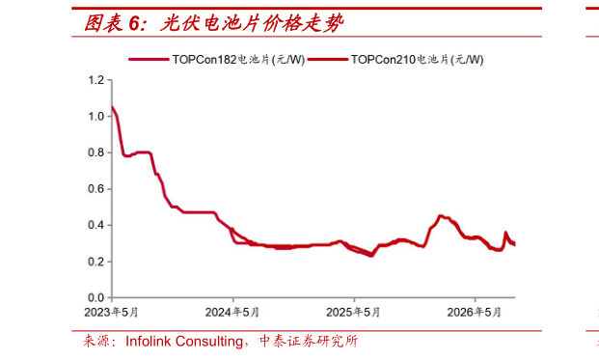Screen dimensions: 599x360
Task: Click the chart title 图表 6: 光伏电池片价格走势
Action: pos(213,23)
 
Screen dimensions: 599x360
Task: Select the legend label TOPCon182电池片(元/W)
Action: pos(238,60)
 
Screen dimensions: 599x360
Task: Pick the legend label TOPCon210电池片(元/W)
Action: pos(417,60)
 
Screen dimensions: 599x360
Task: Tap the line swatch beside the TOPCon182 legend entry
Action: pos(149,59)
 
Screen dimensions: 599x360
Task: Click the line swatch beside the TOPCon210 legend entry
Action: pos(328,59)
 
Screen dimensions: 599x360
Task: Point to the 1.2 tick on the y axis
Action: pos(95,80)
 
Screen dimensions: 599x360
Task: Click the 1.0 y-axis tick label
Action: pos(95,116)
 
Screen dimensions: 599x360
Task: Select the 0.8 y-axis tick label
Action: pos(95,152)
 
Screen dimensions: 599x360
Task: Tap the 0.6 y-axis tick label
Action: pos(95,189)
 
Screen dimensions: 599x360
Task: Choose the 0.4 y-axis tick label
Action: pos(95,225)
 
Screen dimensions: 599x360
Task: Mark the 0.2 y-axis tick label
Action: pos(95,262)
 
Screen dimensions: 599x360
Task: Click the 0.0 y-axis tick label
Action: pos(95,297)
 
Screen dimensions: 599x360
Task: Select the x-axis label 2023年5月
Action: pos(111,313)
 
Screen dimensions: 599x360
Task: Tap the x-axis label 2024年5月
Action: pos(232,313)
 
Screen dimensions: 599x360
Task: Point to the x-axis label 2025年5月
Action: pos(353,313)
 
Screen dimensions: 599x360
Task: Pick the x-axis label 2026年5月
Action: pos(474,313)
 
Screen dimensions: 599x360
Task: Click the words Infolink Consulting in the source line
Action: pos(184,342)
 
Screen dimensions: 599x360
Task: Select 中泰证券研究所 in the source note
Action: pos(309,341)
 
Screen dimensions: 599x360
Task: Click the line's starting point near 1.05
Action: pos(112,107)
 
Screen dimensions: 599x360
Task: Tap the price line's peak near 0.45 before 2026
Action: pos(441,216)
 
